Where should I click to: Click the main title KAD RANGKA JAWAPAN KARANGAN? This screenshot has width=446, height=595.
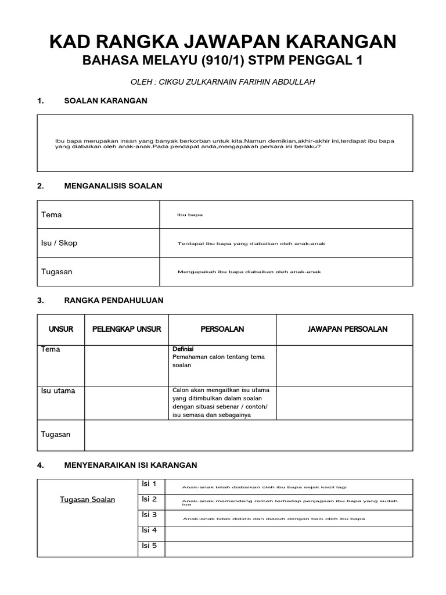[223, 41]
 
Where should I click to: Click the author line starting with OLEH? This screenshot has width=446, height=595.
[223, 82]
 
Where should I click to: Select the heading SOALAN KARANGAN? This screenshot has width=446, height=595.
[105, 101]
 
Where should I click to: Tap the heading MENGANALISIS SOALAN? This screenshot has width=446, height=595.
[113, 186]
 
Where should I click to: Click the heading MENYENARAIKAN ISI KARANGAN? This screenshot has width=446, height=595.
[130, 465]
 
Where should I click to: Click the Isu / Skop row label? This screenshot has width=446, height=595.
[59, 243]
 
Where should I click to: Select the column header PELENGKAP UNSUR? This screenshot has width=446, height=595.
[127, 329]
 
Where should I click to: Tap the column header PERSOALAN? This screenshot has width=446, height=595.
[222, 329]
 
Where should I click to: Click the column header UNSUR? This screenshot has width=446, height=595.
[61, 329]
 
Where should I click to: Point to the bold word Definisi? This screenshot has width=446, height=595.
[183, 349]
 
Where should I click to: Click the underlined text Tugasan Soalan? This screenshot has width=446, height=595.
[88, 500]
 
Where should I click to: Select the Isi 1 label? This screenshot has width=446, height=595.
[150, 484]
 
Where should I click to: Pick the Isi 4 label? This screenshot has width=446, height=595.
[150, 530]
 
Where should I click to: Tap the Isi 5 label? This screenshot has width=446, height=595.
[150, 546]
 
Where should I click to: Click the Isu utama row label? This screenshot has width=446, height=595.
[58, 391]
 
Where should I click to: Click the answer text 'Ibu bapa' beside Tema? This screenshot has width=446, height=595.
[190, 215]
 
